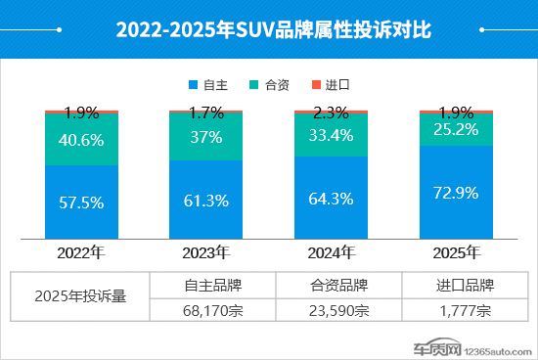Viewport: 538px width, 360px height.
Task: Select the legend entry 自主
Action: pyautogui.click(x=213, y=84)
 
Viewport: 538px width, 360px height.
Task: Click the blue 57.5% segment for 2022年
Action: pyautogui.click(x=81, y=202)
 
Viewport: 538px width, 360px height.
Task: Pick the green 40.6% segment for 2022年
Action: pyautogui.click(x=81, y=139)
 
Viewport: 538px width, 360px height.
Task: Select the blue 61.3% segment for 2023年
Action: pyautogui.click(x=206, y=200)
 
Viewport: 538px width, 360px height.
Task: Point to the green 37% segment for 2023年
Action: pyautogui.click(x=206, y=137)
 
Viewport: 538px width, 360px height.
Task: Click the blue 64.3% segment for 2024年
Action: pyautogui.click(x=332, y=197)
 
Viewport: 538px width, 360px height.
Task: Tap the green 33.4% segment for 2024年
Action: pyautogui.click(x=332, y=134)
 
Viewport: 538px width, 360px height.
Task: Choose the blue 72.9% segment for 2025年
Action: pyautogui.click(x=456, y=192)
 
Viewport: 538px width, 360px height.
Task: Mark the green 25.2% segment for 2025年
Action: pyautogui.click(x=456, y=129)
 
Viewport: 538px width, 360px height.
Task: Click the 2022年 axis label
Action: pyautogui.click(x=81, y=253)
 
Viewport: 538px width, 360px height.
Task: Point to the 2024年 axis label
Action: pyautogui.click(x=332, y=253)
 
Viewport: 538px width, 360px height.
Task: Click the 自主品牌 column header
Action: pyautogui.click(x=212, y=286)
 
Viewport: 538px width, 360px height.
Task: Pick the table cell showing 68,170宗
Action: pyautogui.click(x=212, y=311)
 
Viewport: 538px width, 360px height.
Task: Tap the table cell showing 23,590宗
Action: pyautogui.click(x=338, y=311)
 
